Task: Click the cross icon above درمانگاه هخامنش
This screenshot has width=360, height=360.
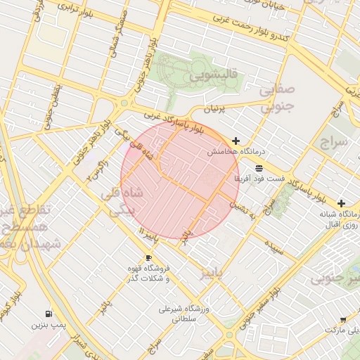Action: coord(236,141)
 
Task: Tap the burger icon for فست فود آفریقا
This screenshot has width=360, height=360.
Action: coord(259,168)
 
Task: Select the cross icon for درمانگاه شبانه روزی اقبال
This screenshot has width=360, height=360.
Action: coord(341,202)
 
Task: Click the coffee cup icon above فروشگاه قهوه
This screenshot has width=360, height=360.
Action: coord(148,257)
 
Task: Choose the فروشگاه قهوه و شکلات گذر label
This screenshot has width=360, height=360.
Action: coord(148,274)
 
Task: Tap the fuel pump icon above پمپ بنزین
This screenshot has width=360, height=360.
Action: coord(48,314)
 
